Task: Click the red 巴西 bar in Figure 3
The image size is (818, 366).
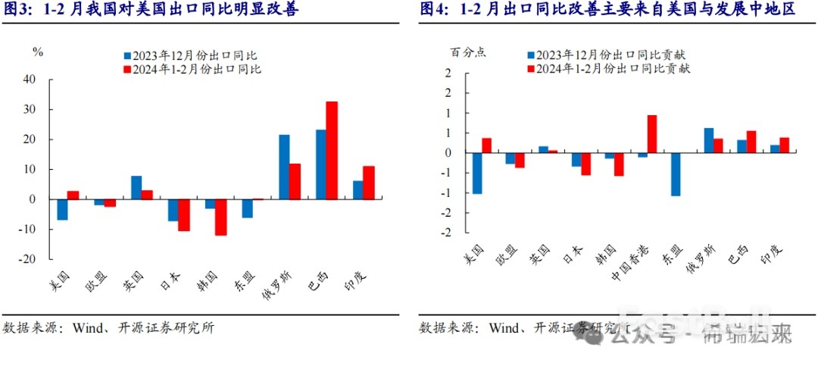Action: pos(332,150)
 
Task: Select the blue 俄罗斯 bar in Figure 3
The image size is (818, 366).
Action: pos(284,167)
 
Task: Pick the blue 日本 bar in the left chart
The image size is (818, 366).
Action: pos(173,210)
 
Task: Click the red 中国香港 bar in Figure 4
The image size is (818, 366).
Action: pos(652,134)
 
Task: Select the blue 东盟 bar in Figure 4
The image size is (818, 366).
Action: pos(676,174)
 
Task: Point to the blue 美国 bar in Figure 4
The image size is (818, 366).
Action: pos(477,173)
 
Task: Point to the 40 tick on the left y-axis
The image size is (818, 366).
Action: pos(30,80)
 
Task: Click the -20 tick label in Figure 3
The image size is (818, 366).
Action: pos(27,258)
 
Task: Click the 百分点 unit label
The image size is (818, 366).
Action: pos(468,52)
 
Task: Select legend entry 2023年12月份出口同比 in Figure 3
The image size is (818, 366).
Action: pos(193,56)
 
